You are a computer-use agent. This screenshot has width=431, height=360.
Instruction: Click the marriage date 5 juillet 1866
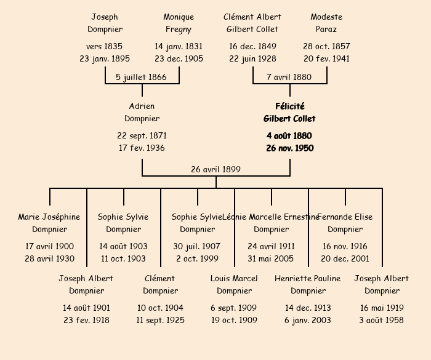pyautogui.click(x=142, y=77)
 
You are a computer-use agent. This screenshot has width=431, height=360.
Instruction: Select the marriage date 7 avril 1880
pyautogui.click(x=289, y=77)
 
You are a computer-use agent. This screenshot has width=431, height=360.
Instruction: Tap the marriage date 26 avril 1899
pyautogui.click(x=216, y=169)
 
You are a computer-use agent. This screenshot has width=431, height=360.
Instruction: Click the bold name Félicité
pyautogui.click(x=289, y=106)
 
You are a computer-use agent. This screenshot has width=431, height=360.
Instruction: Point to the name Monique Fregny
pyautogui.click(x=179, y=23)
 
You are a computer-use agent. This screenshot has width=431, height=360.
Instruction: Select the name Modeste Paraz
pyautogui.click(x=326, y=23)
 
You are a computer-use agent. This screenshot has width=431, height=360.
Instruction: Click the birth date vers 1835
pyautogui.click(x=105, y=46)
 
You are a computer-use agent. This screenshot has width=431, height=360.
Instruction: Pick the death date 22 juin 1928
pyautogui.click(x=252, y=58)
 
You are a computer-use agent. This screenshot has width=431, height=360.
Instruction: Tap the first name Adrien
pyautogui.click(x=142, y=106)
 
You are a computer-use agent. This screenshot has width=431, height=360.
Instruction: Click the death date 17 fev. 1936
pyautogui.click(x=142, y=148)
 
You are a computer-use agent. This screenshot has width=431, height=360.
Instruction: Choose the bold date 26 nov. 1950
pyautogui.click(x=289, y=148)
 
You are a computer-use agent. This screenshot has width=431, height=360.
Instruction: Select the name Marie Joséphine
pyautogui.click(x=49, y=217)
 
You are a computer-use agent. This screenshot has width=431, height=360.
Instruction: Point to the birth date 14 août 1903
pyautogui.click(x=123, y=246)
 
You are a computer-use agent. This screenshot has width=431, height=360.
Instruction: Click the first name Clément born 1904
pyautogui.click(x=159, y=278)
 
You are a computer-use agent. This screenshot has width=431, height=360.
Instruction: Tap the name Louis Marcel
pyautogui.click(x=234, y=278)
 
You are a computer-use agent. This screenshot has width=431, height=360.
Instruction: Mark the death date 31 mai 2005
pyautogui.click(x=271, y=258)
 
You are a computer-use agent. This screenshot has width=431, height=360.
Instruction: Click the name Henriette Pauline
pyautogui.click(x=307, y=278)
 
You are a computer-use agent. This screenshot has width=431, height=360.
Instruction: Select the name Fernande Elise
pyautogui.click(x=345, y=217)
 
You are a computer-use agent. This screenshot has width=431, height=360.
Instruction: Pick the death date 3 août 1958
pyautogui.click(x=382, y=320)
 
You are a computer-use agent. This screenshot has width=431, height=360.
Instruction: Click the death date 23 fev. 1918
pyautogui.click(x=86, y=320)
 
